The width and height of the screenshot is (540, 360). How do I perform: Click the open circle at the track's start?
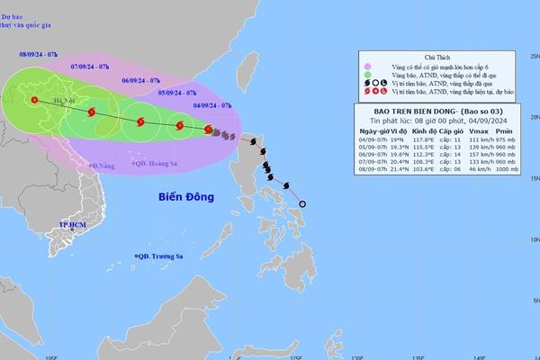coord(302,204)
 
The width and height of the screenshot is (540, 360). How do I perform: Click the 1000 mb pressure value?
coord(510,167)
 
